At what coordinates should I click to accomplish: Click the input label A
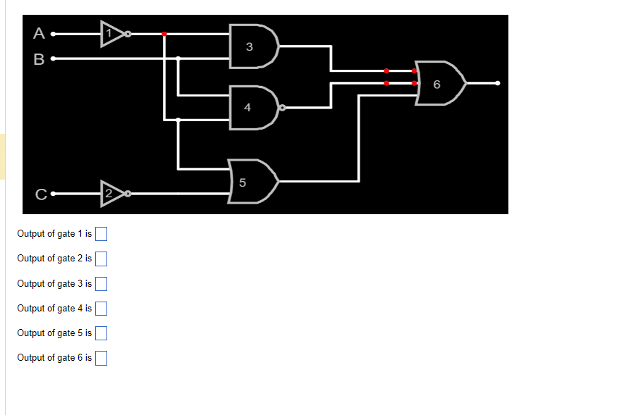(39, 33)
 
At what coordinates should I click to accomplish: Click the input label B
(39, 58)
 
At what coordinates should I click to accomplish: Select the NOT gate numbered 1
(111, 33)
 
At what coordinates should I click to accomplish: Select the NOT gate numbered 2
(111, 194)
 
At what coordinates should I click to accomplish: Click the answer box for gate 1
(101, 234)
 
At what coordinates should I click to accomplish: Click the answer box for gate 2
(101, 259)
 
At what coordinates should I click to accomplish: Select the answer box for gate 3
(101, 284)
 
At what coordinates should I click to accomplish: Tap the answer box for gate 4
(101, 309)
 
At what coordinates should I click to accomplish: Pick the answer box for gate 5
(101, 333)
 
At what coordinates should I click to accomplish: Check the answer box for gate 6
(101, 358)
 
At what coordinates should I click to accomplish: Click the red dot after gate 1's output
(164, 34)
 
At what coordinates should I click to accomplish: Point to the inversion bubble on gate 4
(282, 109)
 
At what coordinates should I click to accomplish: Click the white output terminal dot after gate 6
(498, 83)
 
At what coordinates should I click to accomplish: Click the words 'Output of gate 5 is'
(54, 333)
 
